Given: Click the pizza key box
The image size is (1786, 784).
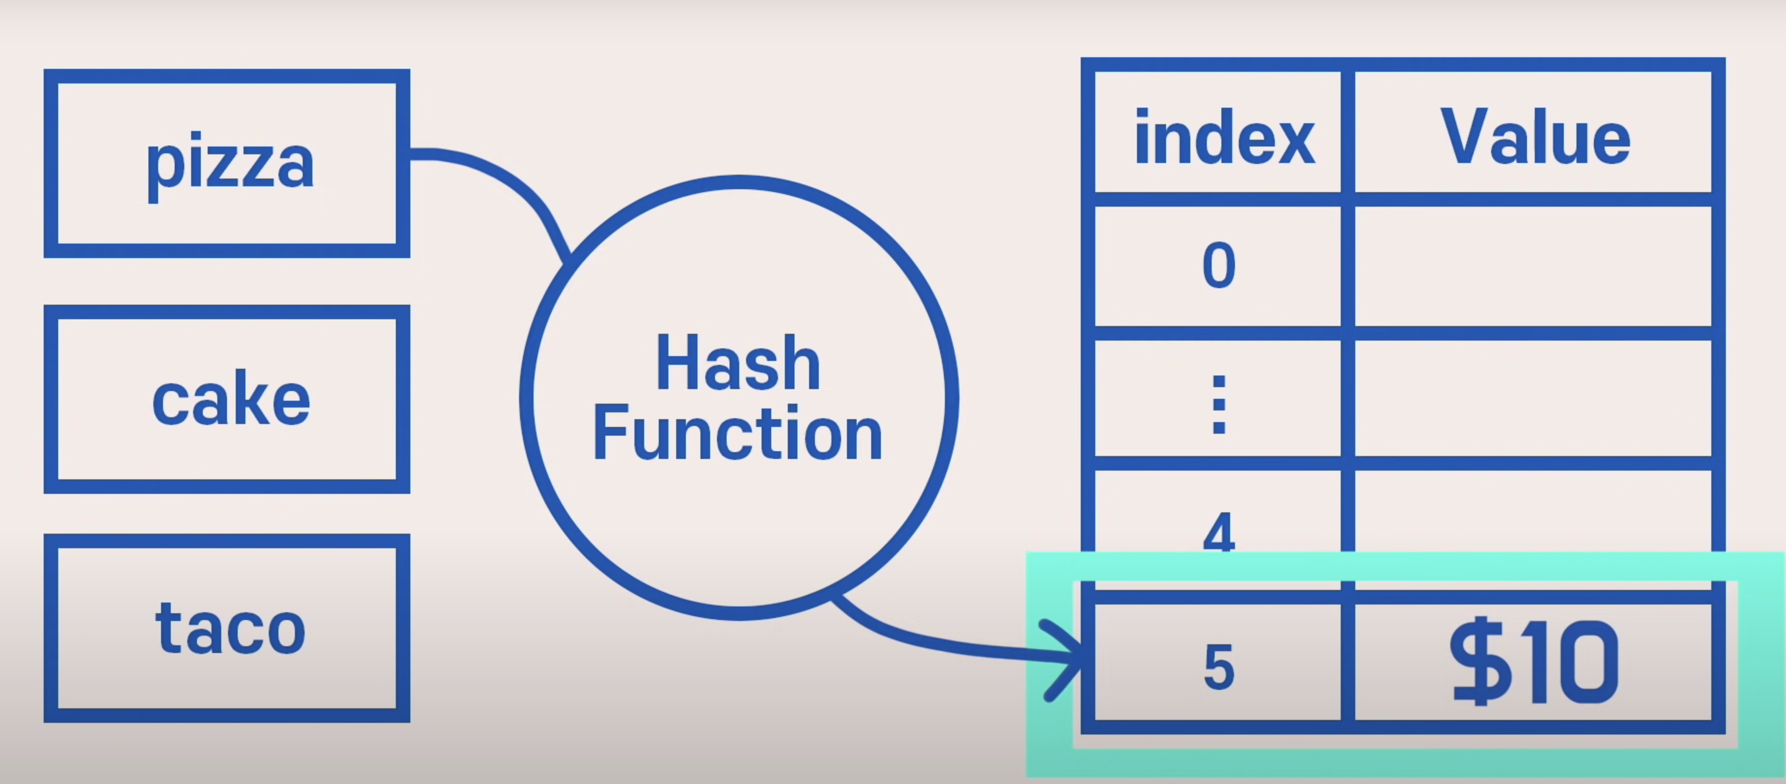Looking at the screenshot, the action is [x=227, y=163].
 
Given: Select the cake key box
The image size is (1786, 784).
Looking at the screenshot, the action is [x=227, y=399].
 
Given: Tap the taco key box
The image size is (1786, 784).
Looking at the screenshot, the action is [x=227, y=628].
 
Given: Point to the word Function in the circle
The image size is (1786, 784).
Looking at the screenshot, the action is [x=738, y=434].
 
